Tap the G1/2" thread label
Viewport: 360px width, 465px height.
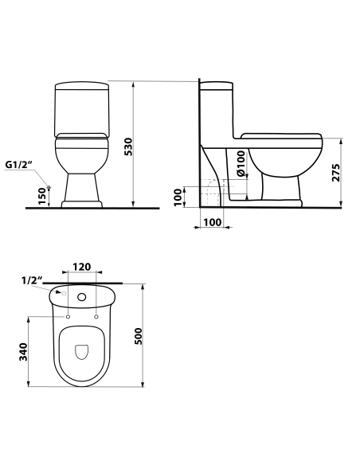point(18,165)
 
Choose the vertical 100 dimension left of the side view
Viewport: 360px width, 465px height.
point(177,195)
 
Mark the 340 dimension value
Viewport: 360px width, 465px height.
point(24,350)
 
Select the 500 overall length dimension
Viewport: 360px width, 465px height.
point(140,337)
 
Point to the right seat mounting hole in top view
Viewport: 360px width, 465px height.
point(96,317)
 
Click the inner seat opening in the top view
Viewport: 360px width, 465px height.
point(82,354)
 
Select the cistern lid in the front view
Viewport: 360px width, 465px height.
point(80,86)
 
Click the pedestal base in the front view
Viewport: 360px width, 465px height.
point(80,191)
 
